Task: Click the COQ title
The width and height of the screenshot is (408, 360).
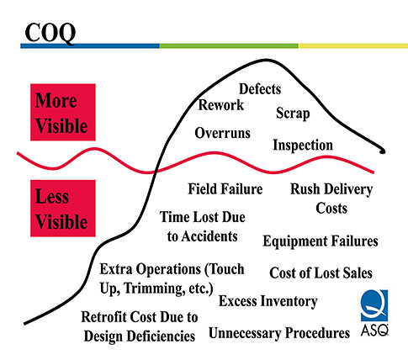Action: click(50, 33)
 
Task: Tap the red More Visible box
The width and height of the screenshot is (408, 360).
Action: click(63, 112)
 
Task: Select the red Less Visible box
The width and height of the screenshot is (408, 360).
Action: click(63, 209)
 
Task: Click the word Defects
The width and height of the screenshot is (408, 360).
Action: click(260, 89)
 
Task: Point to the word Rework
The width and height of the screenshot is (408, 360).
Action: click(221, 105)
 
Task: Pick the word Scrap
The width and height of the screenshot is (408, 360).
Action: click(293, 114)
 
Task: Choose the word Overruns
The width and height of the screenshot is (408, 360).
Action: click(222, 133)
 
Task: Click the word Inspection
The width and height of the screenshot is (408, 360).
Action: click(303, 146)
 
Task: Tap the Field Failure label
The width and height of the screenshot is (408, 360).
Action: click(225, 188)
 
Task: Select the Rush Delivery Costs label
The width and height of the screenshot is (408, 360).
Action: click(331, 199)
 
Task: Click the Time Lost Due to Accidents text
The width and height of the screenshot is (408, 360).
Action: click(203, 226)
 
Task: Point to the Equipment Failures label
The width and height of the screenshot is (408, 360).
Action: click(321, 241)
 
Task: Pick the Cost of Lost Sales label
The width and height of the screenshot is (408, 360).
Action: click(321, 273)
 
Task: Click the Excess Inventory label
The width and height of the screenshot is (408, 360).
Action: click(268, 301)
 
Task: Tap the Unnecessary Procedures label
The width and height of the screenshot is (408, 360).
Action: click(279, 333)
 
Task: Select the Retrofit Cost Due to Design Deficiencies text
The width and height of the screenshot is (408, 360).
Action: click(140, 326)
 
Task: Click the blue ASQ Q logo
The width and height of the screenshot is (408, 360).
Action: click(374, 306)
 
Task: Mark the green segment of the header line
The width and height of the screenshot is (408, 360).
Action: click(229, 46)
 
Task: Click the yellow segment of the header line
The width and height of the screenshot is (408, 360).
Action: click(353, 46)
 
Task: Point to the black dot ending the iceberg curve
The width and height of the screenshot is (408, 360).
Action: click(382, 151)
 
